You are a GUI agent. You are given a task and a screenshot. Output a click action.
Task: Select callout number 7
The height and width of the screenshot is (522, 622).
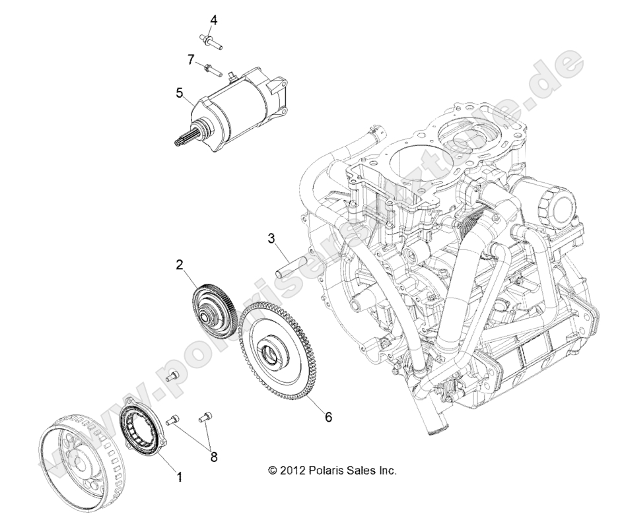[x=190, y=60]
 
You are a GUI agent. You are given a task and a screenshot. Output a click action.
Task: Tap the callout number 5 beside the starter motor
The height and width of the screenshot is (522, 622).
[x=179, y=93]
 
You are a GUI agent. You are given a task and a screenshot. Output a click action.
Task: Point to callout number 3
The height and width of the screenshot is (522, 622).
[x=271, y=238]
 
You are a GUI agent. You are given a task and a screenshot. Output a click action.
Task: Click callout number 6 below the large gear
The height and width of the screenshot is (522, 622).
[x=328, y=417]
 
